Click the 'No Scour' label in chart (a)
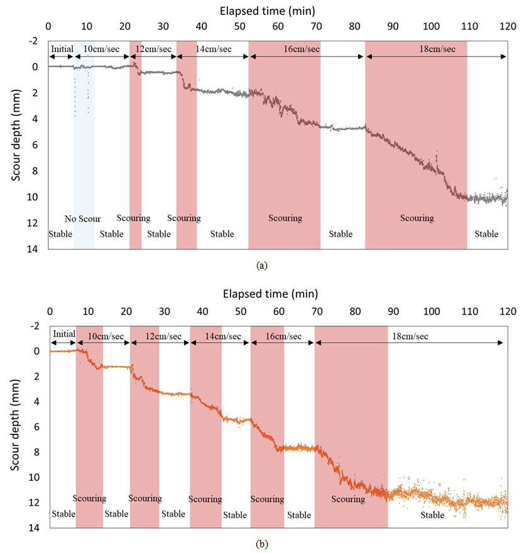[x=83, y=219]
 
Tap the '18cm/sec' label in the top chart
[x=437, y=49]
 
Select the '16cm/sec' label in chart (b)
[x=283, y=336]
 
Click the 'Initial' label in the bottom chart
[x=64, y=334]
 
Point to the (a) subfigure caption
[x=261, y=266]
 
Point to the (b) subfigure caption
[x=261, y=544]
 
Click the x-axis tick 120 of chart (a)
[x=508, y=26]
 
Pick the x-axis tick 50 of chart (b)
[x=241, y=311]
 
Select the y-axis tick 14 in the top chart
[x=32, y=249]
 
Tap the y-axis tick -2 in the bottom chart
[x=35, y=326]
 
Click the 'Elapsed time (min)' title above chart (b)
[x=270, y=294]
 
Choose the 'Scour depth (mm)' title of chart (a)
[x=16, y=136]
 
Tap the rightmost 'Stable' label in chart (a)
[x=486, y=234]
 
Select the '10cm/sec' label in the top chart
[x=101, y=49]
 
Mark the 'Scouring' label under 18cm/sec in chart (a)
[x=417, y=218]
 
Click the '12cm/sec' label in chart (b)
[x=163, y=336]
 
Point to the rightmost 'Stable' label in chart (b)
[x=432, y=515]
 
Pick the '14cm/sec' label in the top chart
[x=214, y=49]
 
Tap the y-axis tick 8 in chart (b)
[x=36, y=452]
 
